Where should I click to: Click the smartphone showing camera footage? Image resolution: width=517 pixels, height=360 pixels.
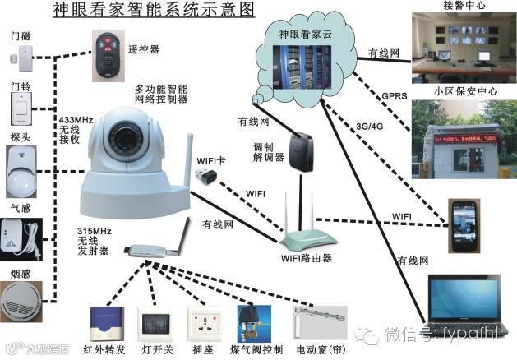[464, 225]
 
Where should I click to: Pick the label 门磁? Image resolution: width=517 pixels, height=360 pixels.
[20, 36]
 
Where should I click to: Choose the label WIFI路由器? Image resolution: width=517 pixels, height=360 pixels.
[303, 258]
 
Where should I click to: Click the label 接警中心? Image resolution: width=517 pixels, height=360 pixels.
[467, 6]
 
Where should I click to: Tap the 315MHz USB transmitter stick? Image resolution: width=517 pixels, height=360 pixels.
[148, 252]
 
